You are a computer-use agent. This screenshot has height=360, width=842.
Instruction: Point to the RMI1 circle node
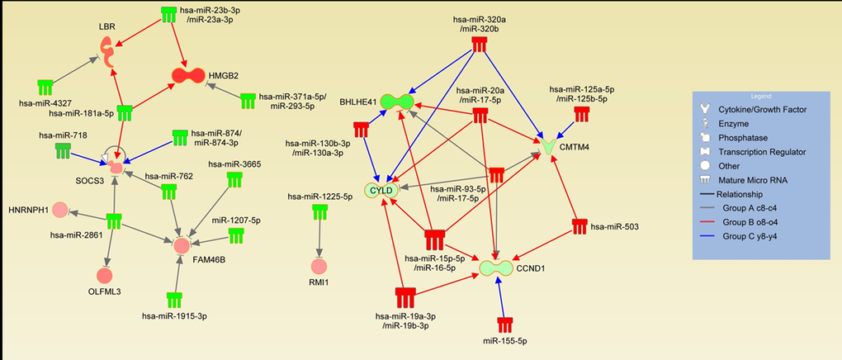(x=319, y=266)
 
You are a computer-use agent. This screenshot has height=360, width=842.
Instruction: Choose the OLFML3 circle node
(x=104, y=274)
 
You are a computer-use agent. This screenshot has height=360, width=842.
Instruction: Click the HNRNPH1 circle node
(x=59, y=210)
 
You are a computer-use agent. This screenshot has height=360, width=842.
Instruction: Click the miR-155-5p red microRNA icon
(x=504, y=324)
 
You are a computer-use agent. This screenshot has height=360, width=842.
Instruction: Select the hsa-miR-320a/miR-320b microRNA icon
(x=480, y=45)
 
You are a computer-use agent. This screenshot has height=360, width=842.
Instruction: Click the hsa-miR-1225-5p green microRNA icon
(x=319, y=211)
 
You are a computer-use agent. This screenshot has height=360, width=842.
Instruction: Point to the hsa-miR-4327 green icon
(x=45, y=87)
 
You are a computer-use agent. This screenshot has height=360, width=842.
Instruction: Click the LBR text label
(x=106, y=26)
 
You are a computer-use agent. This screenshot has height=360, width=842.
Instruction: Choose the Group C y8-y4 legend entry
(x=754, y=237)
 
